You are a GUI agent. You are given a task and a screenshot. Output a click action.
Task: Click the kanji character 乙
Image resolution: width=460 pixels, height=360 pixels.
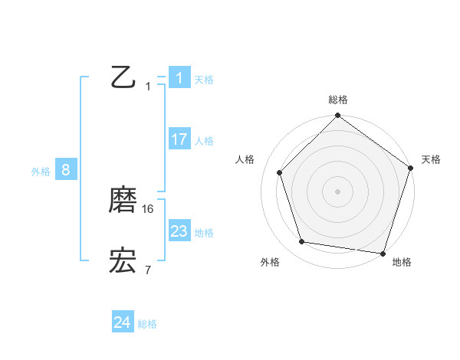pyautogui.click(x=123, y=77)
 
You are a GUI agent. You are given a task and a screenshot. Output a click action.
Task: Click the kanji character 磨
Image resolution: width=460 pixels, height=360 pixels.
pyautogui.click(x=123, y=200)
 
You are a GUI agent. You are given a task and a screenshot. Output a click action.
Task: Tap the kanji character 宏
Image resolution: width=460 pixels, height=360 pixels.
pyautogui.click(x=123, y=261)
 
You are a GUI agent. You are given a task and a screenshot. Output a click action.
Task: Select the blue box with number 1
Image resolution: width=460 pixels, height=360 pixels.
pyautogui.click(x=179, y=77)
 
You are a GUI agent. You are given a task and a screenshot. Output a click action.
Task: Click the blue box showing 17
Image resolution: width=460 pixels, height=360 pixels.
pyautogui.click(x=179, y=139)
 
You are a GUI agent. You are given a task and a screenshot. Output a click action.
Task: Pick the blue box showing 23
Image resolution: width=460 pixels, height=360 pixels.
pyautogui.click(x=179, y=231)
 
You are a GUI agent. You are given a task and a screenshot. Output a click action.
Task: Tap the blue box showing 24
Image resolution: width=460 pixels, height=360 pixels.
pyautogui.click(x=123, y=322)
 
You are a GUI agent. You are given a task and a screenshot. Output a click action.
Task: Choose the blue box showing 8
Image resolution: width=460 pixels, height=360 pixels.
pyautogui.click(x=65, y=170)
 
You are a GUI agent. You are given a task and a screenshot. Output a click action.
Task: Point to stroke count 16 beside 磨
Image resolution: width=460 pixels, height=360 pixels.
pyautogui.click(x=149, y=208)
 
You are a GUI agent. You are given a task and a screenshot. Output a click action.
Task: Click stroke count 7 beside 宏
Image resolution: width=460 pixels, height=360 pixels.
pyautogui.click(x=147, y=270)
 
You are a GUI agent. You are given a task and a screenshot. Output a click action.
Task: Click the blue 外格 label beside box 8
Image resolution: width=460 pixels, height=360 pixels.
pyautogui.click(x=41, y=172)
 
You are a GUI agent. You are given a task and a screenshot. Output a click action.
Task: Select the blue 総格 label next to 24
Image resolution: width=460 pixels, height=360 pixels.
pyautogui.click(x=147, y=324)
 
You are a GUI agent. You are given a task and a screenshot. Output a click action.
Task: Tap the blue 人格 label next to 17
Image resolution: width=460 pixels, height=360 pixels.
pyautogui.click(x=204, y=141)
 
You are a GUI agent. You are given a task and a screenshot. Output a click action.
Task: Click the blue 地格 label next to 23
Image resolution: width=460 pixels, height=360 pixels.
pyautogui.click(x=204, y=233)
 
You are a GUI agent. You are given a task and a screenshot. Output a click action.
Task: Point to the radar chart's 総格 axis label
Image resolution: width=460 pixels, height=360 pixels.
pyautogui.click(x=338, y=100)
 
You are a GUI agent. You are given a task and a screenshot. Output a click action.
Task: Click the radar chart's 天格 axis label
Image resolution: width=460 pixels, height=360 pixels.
pyautogui.click(x=432, y=159)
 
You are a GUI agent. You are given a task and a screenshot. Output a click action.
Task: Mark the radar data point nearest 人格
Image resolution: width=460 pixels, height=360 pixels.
pyautogui.click(x=280, y=172)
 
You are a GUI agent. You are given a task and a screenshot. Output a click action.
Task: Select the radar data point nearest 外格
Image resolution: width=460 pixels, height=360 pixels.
pyautogui.click(x=302, y=242)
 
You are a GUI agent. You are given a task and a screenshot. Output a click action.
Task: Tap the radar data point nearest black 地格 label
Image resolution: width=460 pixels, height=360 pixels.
pyautogui.click(x=383, y=253)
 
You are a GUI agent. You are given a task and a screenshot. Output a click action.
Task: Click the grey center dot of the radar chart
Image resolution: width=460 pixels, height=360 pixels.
pyautogui.click(x=338, y=191)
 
